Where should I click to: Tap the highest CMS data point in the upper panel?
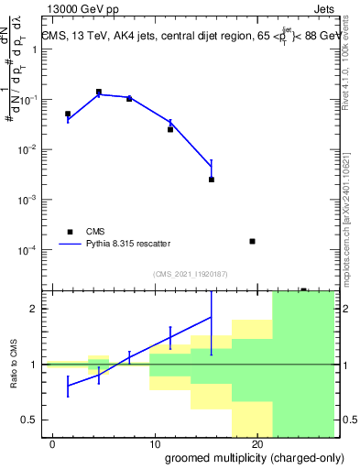pyautogui.click(x=99, y=93)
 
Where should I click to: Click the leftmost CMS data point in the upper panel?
pyautogui.click(x=68, y=114)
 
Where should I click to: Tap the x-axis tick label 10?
pyautogui.click(x=155, y=444)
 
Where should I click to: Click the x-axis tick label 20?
pyautogui.click(x=256, y=444)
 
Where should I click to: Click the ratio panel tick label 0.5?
pyautogui.click(x=32, y=420)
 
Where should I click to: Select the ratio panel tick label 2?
pyautogui.click(x=38, y=309)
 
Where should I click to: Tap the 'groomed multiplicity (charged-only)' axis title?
pyautogui.click(x=241, y=458)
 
